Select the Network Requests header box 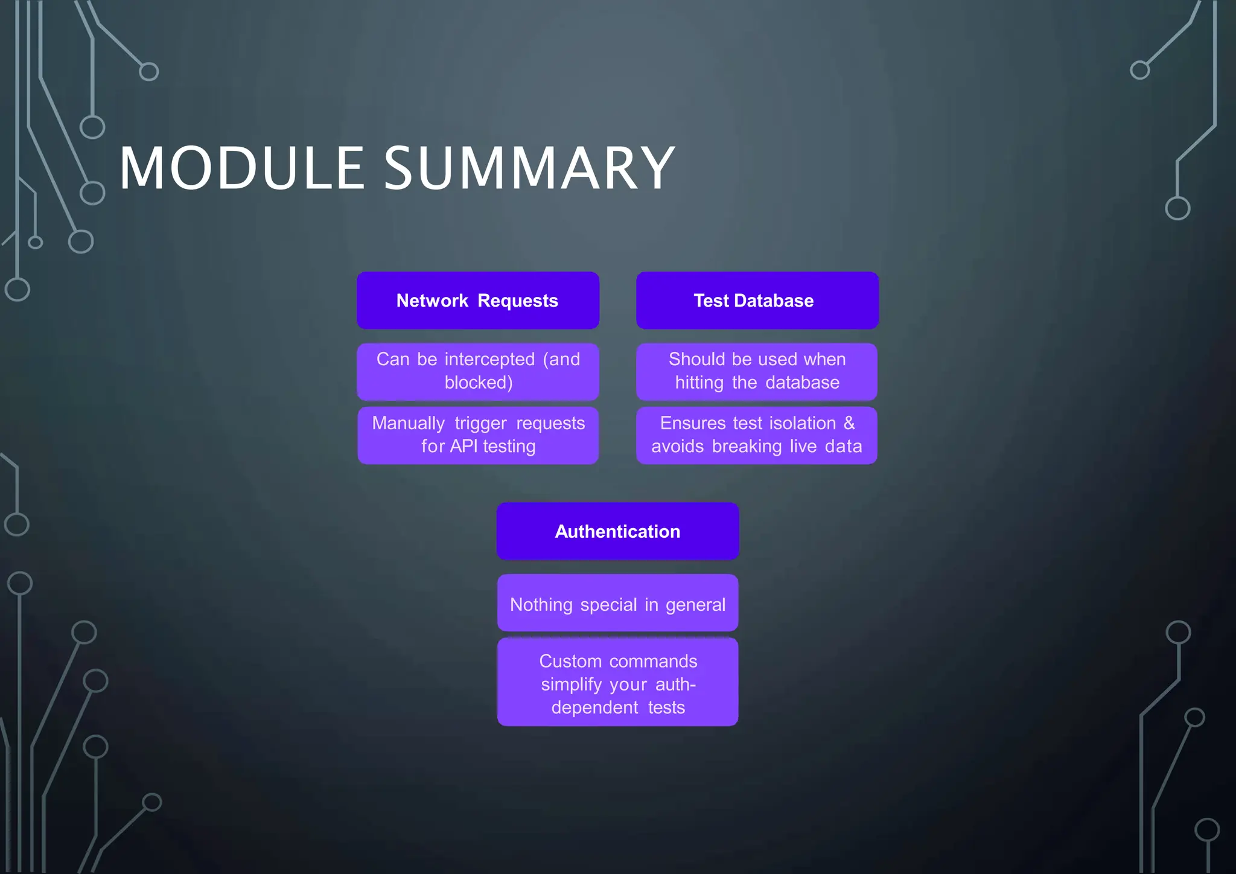477,301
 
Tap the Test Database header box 757,301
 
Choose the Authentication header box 617,531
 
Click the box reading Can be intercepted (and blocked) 477,371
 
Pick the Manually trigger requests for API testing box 477,435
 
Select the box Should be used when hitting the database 756,371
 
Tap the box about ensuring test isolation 756,435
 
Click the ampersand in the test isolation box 849,423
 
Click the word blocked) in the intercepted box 479,383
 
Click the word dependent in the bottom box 594,707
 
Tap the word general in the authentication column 695,605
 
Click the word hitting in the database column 699,383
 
